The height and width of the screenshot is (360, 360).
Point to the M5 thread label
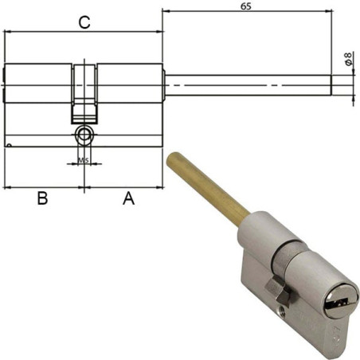click(x=84, y=161)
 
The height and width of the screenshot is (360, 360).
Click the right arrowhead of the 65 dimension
click(x=328, y=11)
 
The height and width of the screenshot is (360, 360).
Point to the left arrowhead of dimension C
click(x=8, y=32)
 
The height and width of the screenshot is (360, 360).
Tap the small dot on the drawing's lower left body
click(x=9, y=146)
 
